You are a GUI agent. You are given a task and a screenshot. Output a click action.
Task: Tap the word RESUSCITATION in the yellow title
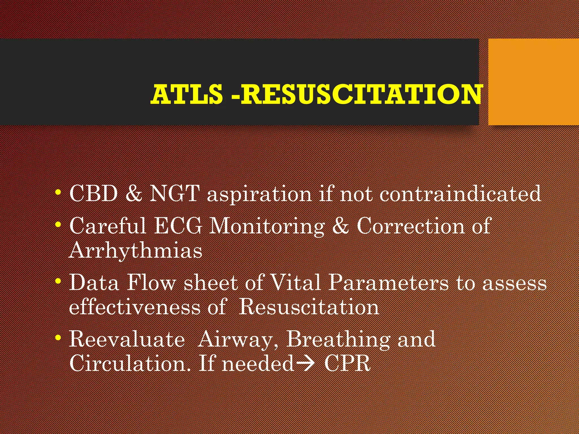(361, 94)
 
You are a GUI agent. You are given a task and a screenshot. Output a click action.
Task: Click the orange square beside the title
(533, 82)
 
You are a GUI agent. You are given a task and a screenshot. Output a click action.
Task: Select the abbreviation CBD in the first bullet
(94, 194)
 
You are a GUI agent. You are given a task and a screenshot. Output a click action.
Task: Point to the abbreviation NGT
(174, 194)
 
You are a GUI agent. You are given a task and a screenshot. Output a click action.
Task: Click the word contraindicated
(460, 194)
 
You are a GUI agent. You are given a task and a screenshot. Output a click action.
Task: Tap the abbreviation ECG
(178, 226)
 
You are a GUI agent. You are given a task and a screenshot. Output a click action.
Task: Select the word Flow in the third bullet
(151, 283)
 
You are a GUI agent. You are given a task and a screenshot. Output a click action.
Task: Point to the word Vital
(296, 283)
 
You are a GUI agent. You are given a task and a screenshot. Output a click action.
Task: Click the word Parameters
(389, 283)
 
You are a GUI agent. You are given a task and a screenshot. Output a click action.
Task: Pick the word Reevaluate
(127, 339)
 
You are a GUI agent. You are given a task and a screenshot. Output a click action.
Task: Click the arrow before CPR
(306, 364)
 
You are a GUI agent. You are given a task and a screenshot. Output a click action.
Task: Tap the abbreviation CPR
(347, 363)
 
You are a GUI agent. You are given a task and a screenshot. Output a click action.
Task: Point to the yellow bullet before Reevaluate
(58, 338)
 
